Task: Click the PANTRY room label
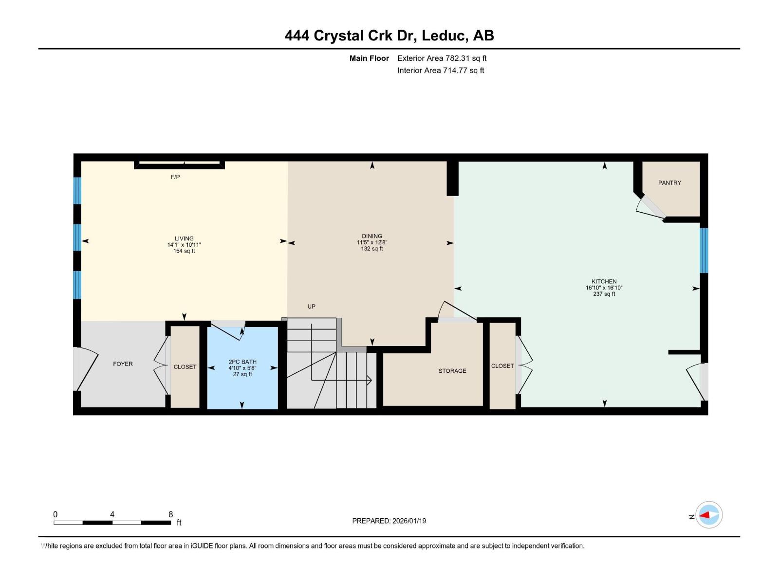(669, 183)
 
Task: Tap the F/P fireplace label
(175, 177)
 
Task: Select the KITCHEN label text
(604, 281)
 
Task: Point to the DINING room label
(372, 236)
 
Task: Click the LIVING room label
(184, 238)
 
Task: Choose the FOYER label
(123, 364)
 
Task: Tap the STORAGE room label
(452, 371)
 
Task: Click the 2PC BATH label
(242, 362)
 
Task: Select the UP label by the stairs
(312, 307)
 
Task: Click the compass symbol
(709, 515)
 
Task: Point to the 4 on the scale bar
(112, 514)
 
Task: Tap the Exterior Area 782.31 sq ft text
(442, 58)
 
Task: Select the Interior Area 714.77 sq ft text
(441, 71)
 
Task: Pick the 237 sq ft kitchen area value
(604, 294)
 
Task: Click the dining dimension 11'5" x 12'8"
(372, 242)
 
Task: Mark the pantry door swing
(649, 207)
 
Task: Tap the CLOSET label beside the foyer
(185, 367)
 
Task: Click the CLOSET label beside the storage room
(502, 366)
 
